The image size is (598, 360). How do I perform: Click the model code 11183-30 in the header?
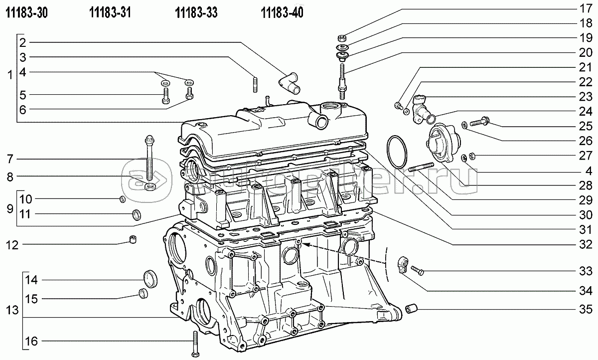click(27, 12)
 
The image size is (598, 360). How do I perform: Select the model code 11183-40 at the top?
click(282, 12)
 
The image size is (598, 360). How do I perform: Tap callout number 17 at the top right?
click(586, 8)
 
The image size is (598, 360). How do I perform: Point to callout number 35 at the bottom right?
click(586, 309)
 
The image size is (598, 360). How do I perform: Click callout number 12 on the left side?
click(12, 245)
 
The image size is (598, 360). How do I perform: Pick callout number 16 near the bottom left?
click(31, 341)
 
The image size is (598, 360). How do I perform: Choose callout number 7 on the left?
click(10, 159)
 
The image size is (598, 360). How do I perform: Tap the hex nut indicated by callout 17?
click(342, 38)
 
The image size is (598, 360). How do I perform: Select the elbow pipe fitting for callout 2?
click(290, 83)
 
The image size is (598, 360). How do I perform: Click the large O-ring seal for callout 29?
click(397, 152)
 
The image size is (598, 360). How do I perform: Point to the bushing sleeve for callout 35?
click(412, 309)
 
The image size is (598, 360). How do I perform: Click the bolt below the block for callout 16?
click(195, 344)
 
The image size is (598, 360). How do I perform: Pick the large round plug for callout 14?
click(150, 279)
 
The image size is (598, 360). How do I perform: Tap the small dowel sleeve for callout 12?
click(133, 239)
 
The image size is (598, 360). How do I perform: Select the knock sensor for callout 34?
click(403, 265)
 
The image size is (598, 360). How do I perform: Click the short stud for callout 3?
click(255, 85)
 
